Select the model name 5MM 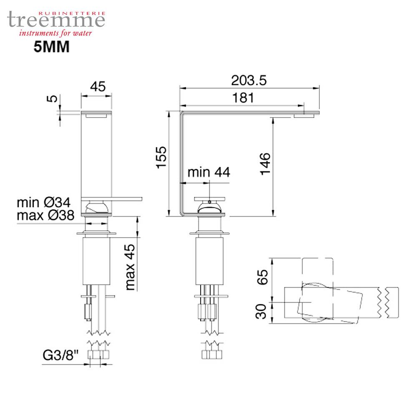click(51, 47)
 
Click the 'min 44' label click(208, 172)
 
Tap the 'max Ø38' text click(45, 215)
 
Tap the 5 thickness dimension click(52, 99)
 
